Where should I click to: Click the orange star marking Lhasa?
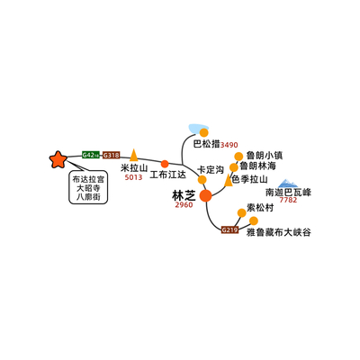click(x=58, y=159)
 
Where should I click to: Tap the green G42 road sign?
click(x=91, y=155)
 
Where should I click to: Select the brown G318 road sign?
click(x=112, y=155)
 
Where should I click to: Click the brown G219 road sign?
click(x=229, y=230)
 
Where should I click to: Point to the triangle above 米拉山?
click(x=134, y=155)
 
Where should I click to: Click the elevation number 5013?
click(x=133, y=177)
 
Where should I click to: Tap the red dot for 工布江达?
click(x=165, y=164)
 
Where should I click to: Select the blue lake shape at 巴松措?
click(x=198, y=129)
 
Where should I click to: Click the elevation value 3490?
click(x=229, y=145)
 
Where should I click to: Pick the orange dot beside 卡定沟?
click(x=202, y=180)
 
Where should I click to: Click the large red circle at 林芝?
click(x=206, y=195)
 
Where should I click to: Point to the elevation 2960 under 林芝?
click(x=184, y=205)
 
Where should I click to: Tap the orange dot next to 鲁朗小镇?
click(x=238, y=157)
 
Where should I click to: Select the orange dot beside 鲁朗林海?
click(x=234, y=167)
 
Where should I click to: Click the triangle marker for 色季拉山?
click(x=229, y=180)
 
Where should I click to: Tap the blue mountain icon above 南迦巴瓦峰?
click(x=288, y=184)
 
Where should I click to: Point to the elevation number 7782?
click(x=288, y=200)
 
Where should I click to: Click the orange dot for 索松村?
click(x=242, y=212)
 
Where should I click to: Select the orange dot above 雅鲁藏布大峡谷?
click(x=254, y=220)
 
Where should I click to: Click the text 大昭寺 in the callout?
click(x=88, y=188)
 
